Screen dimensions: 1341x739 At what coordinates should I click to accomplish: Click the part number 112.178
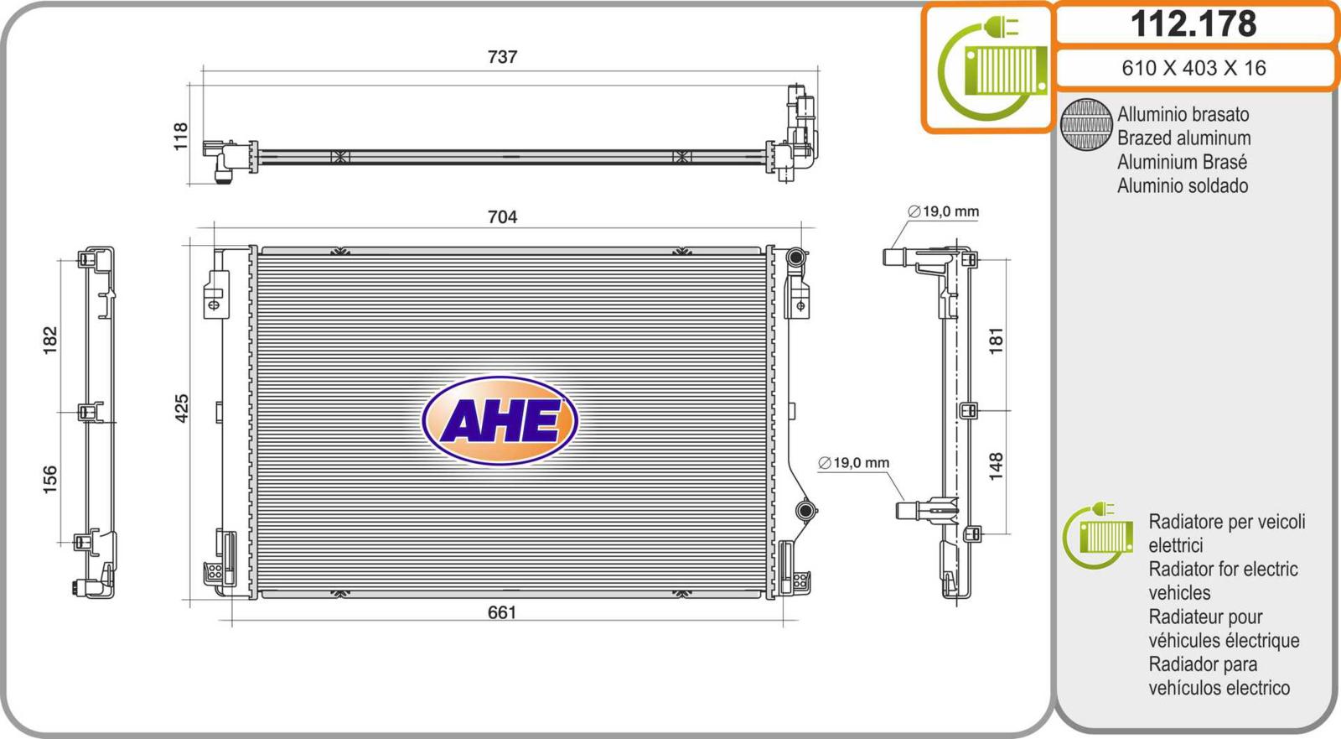coord(1193,23)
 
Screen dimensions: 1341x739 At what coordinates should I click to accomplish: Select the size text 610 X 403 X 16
coord(1193,68)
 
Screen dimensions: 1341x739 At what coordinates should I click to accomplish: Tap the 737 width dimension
coord(502,56)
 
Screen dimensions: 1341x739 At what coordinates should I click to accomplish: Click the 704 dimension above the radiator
coord(502,216)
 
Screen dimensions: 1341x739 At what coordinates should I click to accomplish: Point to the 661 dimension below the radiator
coord(502,612)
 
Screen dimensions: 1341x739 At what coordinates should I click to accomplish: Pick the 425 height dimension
coord(181,409)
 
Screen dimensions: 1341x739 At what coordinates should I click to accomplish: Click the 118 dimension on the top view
coord(180,137)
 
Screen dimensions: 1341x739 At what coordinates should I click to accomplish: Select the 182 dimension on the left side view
coord(49,340)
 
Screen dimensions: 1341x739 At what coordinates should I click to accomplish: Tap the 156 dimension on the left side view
coord(49,480)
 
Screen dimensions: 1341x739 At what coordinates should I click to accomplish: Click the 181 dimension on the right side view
coord(995,341)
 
